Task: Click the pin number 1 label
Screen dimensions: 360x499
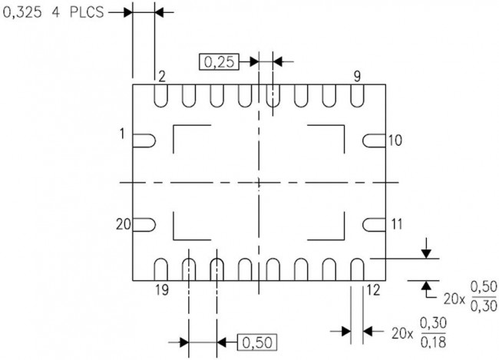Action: pyautogui.click(x=121, y=134)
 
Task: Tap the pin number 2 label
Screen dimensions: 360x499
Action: pyautogui.click(x=162, y=75)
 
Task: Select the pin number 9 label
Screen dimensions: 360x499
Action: pyautogui.click(x=357, y=75)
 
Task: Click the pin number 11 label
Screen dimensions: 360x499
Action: pyautogui.click(x=395, y=224)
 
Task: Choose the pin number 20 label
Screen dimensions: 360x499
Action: pyautogui.click(x=123, y=224)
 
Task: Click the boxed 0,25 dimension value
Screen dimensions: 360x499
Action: pyautogui.click(x=221, y=61)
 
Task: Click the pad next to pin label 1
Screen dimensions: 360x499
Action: pyautogui.click(x=144, y=140)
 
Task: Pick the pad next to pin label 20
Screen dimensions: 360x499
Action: pyautogui.click(x=144, y=224)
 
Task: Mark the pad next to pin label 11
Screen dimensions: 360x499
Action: pyautogui.click(x=373, y=224)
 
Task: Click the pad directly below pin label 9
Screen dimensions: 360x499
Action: pyautogui.click(x=357, y=95)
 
